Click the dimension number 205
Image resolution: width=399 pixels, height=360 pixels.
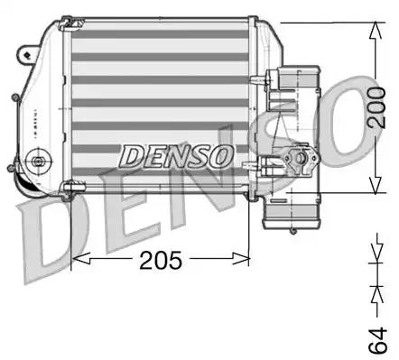click(162, 261)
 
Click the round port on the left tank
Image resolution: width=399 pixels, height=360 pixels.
click(38, 163)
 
